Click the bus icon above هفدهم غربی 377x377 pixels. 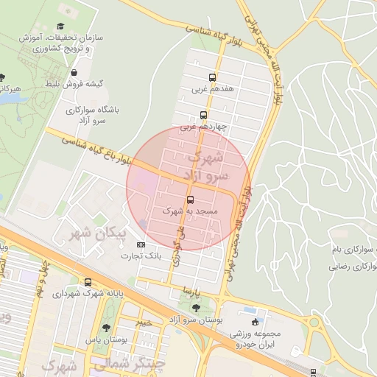213,77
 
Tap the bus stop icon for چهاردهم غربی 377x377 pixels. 203,115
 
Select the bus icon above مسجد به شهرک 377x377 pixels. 191,200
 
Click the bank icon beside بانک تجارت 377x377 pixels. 141,245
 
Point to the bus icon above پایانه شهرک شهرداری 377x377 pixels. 88,282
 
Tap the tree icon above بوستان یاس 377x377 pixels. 107,327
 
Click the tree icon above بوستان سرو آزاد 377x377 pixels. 196,308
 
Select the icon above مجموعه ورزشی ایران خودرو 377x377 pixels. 256,322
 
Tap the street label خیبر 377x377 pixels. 144,322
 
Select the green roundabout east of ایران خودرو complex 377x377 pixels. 316,322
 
